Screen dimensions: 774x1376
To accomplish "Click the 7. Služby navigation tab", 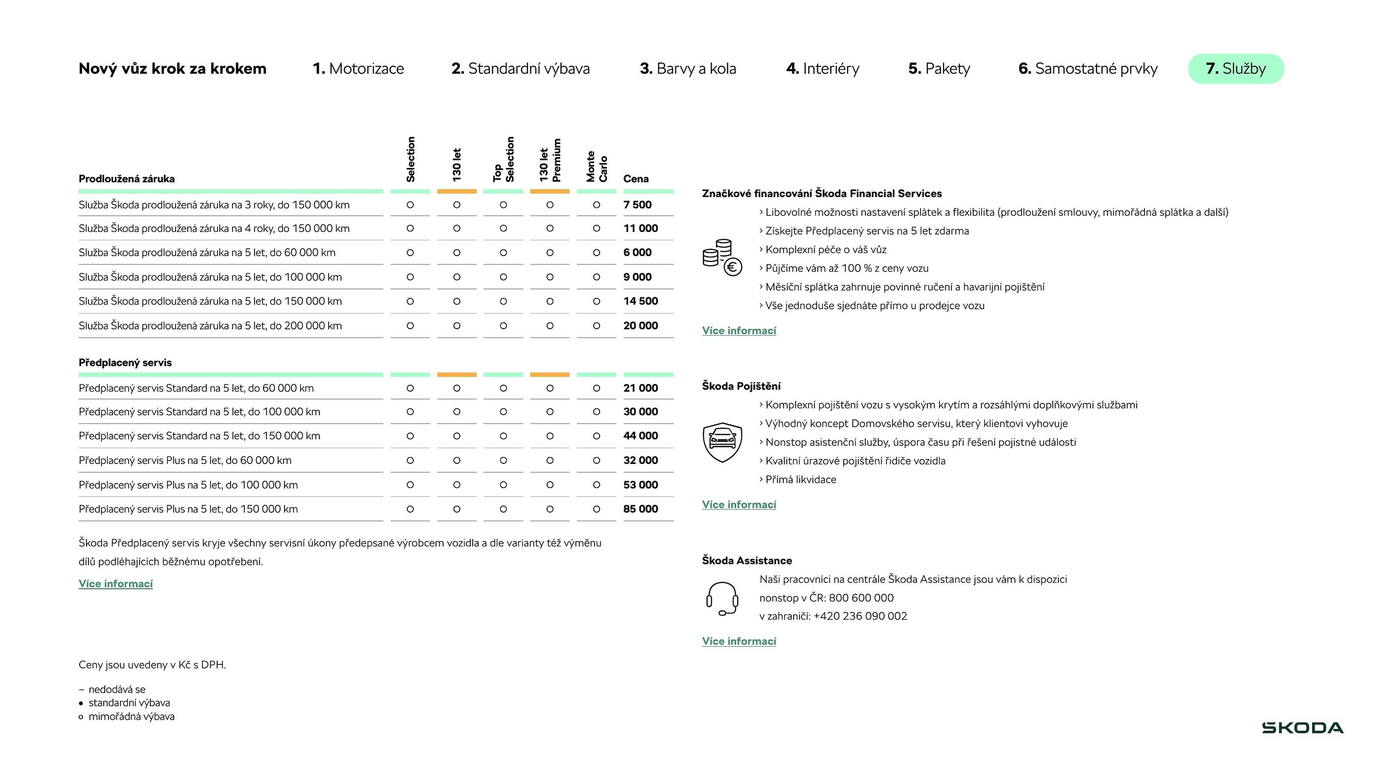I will tap(1236, 69).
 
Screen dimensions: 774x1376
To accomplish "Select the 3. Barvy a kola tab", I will tap(688, 69).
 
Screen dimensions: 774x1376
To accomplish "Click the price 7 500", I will tap(637, 205).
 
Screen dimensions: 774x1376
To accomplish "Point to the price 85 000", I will tap(640, 509).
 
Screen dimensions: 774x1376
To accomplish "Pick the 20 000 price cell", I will tap(640, 326).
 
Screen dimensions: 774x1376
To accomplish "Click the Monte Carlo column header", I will tap(597, 167).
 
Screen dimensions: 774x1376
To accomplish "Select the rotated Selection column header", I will tap(410, 159).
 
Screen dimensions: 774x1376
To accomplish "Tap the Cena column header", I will tap(636, 179).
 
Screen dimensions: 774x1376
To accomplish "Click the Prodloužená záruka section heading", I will tap(127, 179).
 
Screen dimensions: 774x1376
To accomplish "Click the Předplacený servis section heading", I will tap(125, 363).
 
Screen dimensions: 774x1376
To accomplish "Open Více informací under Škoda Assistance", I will tap(739, 642).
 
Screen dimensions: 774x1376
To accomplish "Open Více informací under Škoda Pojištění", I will tap(739, 505).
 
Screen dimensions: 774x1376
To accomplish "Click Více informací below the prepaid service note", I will tap(115, 584).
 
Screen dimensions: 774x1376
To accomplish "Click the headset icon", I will tap(722, 599).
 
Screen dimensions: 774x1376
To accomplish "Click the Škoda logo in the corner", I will tap(1302, 728).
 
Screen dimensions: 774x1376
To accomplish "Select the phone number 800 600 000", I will tap(861, 598).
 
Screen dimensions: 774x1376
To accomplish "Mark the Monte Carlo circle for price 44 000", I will tap(597, 436).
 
